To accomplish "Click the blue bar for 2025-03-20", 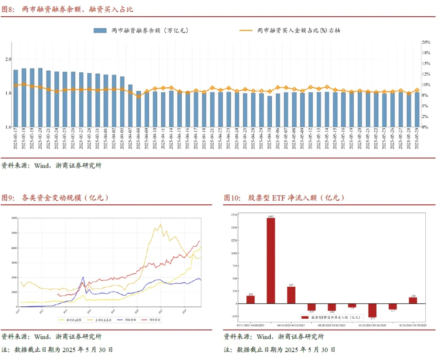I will point(40,97).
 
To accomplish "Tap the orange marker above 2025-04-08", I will point(138,96).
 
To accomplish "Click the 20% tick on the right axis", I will point(426,42).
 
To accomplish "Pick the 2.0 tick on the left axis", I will point(8,59).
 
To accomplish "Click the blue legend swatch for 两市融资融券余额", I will point(100,30).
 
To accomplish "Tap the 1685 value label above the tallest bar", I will point(271,217).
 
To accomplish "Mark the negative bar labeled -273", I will point(372,310).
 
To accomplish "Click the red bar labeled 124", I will point(412,300).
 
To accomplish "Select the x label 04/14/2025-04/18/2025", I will point(291,325).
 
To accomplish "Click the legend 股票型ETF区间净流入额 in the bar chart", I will point(331,318).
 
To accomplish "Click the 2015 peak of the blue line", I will point(83,277).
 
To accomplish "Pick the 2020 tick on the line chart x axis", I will point(136,309).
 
